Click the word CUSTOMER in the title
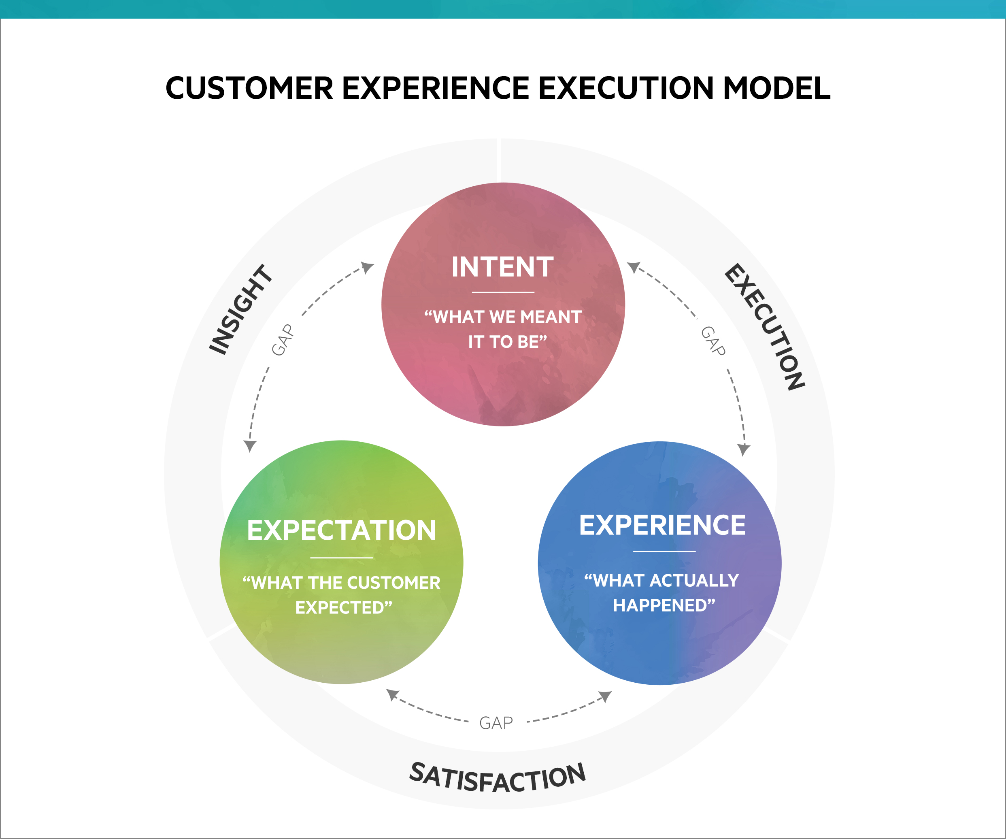click(249, 88)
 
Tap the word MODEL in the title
click(776, 88)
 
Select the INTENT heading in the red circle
click(502, 267)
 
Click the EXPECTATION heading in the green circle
click(341, 530)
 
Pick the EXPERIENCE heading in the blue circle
click(663, 525)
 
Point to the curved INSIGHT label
click(241, 309)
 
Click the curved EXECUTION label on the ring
click(765, 327)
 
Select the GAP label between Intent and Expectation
click(282, 340)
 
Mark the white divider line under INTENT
click(503, 292)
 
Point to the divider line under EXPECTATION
click(341, 558)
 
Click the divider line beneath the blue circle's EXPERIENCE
click(664, 552)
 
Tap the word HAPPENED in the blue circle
click(664, 606)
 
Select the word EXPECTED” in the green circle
click(343, 607)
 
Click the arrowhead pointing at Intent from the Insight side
click(368, 266)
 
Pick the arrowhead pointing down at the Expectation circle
click(250, 446)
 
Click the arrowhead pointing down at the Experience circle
click(744, 449)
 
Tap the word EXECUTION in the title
click(625, 88)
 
